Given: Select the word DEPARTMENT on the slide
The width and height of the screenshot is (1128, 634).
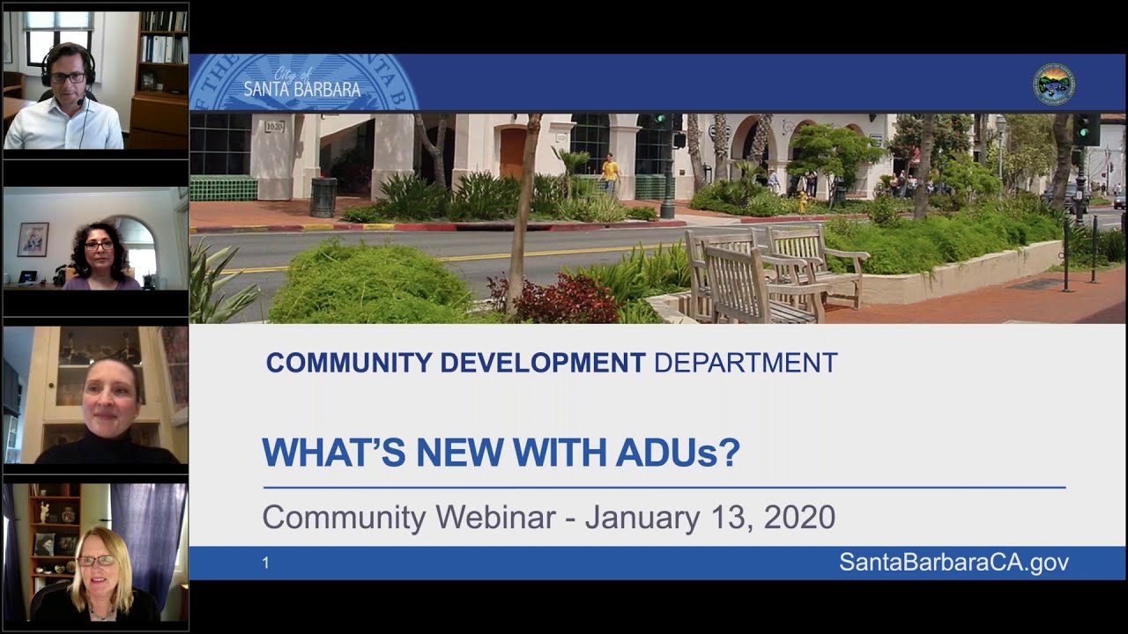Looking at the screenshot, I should pos(746,363).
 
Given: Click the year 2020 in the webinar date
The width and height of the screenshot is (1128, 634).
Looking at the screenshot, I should pos(799,517).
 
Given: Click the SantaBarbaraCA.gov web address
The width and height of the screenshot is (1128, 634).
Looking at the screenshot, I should pos(954,563).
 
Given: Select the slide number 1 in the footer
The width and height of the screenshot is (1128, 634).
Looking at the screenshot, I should pos(265,563).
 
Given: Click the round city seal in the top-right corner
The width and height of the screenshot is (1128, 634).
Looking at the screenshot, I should pos(1053,84).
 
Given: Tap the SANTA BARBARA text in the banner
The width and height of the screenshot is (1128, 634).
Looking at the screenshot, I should pos(301,89).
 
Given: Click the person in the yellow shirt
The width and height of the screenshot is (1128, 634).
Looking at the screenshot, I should pos(610,172).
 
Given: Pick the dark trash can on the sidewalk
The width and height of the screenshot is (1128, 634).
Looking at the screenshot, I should pos(323,197).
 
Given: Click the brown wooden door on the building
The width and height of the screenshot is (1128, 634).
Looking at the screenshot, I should pos(512,152).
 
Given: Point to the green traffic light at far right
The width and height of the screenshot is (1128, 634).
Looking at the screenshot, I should pos(1086,129).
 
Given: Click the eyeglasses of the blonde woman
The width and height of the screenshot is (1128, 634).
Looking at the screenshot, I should pos(96,560).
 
